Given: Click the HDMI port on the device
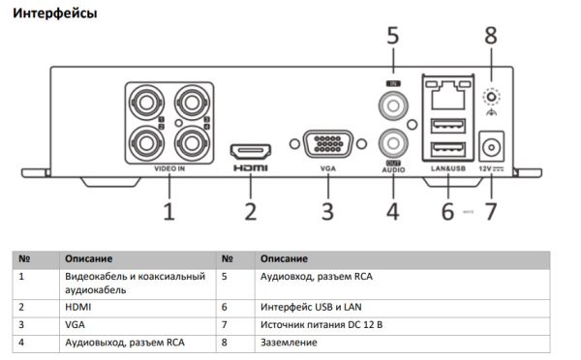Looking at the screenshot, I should coord(250,151).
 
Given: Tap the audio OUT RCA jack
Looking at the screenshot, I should coord(392,145).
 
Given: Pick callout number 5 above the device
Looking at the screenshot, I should coord(392,37).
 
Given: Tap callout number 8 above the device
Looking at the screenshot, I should coord(491,37).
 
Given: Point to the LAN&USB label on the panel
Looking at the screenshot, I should coord(446,169).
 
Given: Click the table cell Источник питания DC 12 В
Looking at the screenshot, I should coord(321,324).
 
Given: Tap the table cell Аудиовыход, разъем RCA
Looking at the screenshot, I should coord(124,342).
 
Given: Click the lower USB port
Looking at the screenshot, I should coord(446,148).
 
